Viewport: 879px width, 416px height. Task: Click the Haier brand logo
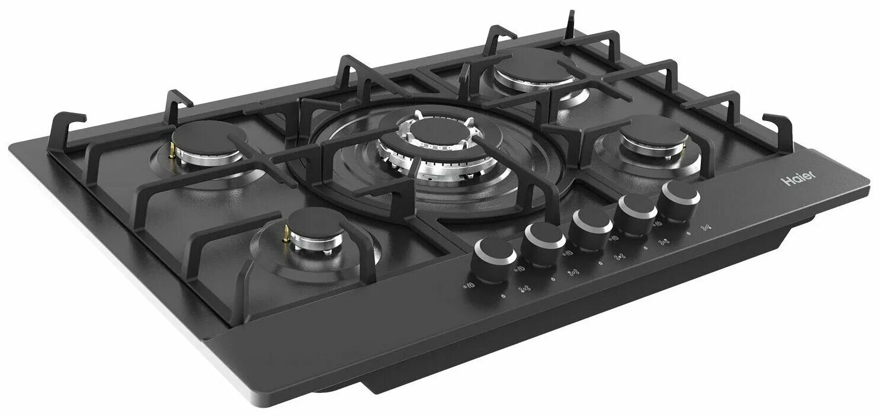pyautogui.click(x=800, y=178)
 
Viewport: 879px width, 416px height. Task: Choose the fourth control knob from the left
pyautogui.click(x=637, y=209)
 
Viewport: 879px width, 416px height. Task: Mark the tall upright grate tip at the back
pyautogui.click(x=571, y=20)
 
